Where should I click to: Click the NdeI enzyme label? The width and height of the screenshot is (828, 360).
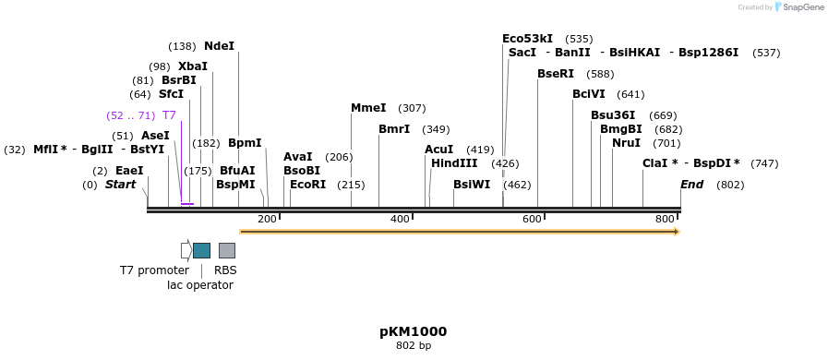pos(219,46)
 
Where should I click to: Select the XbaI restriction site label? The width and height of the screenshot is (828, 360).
pos(193,66)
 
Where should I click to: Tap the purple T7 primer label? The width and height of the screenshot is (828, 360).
pos(169,115)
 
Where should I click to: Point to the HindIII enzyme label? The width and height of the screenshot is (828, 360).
pos(454,163)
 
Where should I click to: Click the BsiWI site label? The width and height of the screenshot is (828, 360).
pos(472,185)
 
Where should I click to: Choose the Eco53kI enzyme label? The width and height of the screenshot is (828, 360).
pos(527,39)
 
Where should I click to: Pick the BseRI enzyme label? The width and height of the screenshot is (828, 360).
pos(556,74)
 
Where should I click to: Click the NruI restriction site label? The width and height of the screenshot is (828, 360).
pos(626,143)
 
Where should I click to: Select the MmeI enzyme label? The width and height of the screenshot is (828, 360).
pos(368,108)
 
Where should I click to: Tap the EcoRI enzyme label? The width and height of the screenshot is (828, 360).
pos(307,185)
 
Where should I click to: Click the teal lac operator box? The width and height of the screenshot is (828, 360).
pos(201,250)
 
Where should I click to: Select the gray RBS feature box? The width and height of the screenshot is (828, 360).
pos(226,250)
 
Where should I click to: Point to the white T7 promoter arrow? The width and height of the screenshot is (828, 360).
pos(186,250)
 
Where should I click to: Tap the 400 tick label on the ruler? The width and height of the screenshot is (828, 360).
pos(400,219)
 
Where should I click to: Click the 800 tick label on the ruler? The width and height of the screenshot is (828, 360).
pos(665,219)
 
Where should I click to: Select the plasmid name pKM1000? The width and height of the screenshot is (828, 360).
pos(413,331)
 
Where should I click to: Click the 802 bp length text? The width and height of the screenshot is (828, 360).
pos(413,346)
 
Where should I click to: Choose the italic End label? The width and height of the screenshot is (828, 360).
pos(691,185)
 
